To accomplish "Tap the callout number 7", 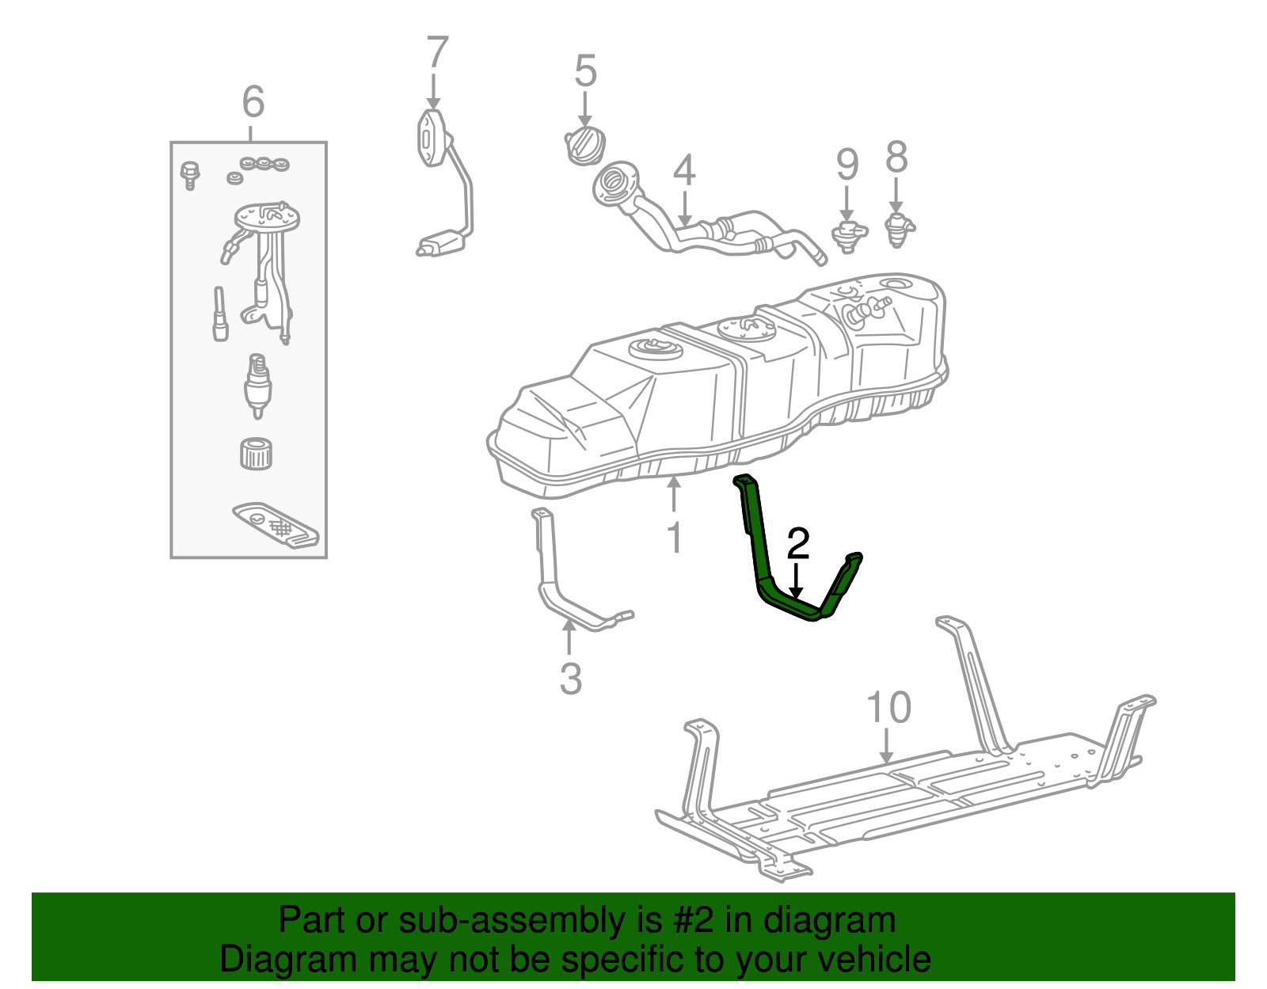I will [437, 53].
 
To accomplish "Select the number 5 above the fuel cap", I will [585, 71].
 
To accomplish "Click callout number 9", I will [847, 165].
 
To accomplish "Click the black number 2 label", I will [798, 544].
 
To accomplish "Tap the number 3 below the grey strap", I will [570, 679].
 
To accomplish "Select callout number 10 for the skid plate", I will [888, 707].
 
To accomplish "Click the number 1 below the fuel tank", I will [674, 538].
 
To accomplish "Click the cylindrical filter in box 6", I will [256, 453].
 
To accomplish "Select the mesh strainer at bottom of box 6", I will [276, 523].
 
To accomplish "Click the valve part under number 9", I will [848, 234].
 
